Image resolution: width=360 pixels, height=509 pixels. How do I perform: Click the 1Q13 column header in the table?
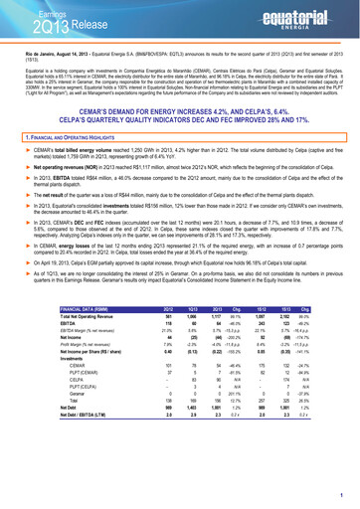point(191,337)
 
